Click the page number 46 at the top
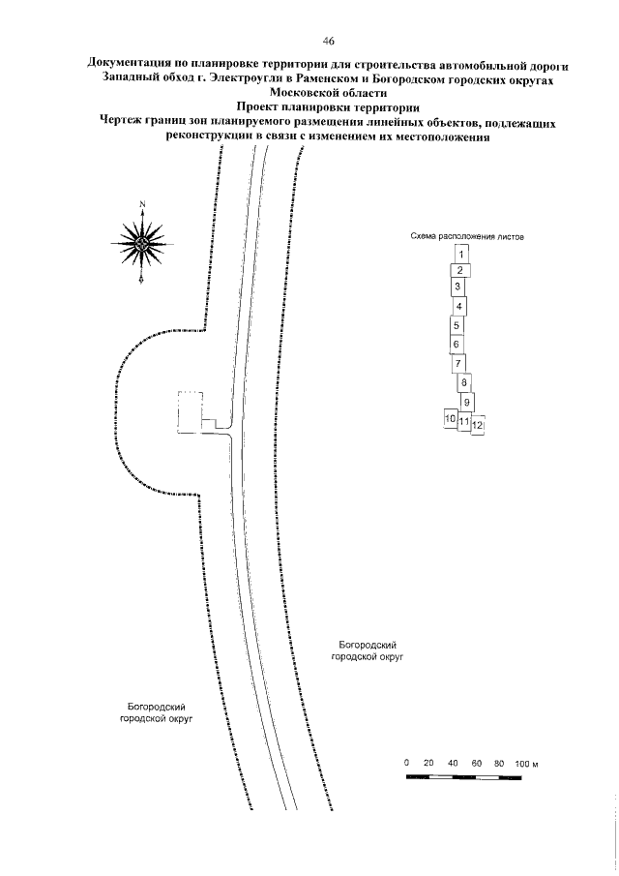coord(329,41)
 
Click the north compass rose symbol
coord(142,243)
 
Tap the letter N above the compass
coord(142,203)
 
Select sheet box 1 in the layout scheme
coord(462,254)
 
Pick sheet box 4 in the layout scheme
coord(460,307)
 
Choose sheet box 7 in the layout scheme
coord(458,363)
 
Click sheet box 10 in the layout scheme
coord(450,418)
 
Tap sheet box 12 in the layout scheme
coord(477,424)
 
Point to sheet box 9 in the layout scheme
coord(467,402)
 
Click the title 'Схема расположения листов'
coord(466,236)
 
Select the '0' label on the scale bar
coord(407,764)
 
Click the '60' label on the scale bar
coord(477,764)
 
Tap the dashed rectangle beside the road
coord(190,412)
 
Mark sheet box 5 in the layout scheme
coord(456,325)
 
